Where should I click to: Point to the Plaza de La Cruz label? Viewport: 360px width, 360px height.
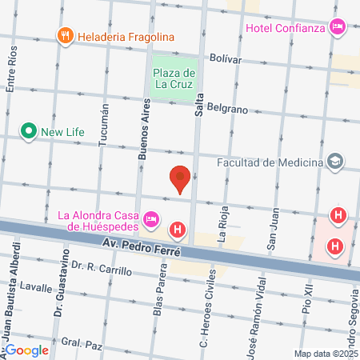pyautogui.click(x=174, y=77)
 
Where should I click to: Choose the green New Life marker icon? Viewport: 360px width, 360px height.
pyautogui.click(x=29, y=130)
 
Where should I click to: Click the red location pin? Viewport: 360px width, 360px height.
pyautogui.click(x=181, y=178)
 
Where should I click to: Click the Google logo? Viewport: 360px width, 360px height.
pyautogui.click(x=26, y=350)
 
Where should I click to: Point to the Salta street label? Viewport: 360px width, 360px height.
pyautogui.click(x=199, y=106)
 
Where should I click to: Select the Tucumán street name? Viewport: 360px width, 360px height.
pyautogui.click(x=102, y=129)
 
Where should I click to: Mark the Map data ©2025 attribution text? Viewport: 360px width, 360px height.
pyautogui.click(x=325, y=354)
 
